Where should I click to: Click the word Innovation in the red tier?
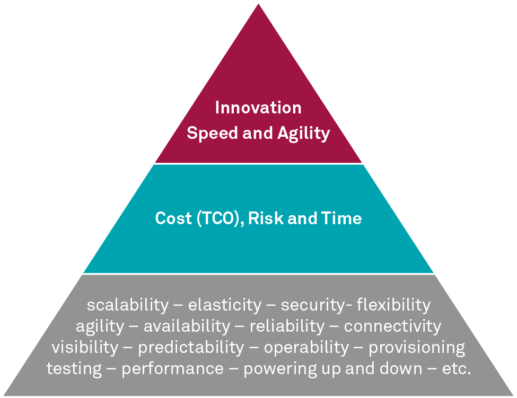[x=258, y=108]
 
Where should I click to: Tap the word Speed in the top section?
[x=212, y=133]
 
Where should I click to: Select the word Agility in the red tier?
[x=303, y=134]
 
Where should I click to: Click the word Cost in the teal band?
[x=173, y=218]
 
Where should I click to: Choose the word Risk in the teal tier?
[x=266, y=218]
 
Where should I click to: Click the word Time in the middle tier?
[x=341, y=218]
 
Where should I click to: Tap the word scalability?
[x=128, y=305]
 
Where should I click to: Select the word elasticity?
[x=224, y=305]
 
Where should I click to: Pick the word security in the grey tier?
[x=312, y=305]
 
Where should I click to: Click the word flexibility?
[x=393, y=305]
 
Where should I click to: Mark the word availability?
[x=187, y=326]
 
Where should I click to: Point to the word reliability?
[x=287, y=326]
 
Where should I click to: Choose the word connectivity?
[x=392, y=326]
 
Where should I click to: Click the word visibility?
[x=85, y=347]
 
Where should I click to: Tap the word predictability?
[x=191, y=347]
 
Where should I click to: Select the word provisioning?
[x=417, y=347]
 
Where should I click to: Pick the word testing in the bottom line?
[x=74, y=369]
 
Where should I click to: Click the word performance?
[x=173, y=369]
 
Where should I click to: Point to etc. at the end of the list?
[x=457, y=369]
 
